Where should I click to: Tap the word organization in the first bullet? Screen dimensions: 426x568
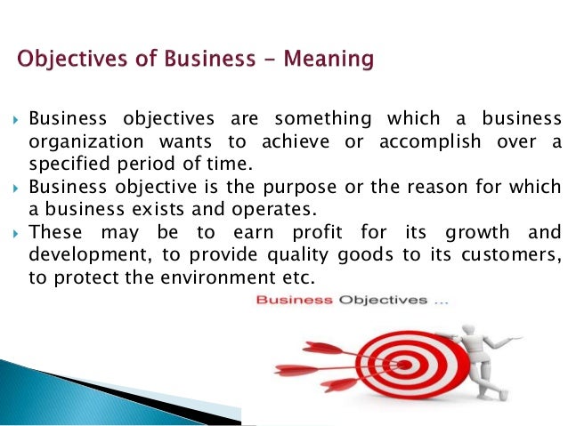(83, 143)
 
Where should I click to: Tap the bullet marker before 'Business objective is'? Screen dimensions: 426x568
(15, 188)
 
